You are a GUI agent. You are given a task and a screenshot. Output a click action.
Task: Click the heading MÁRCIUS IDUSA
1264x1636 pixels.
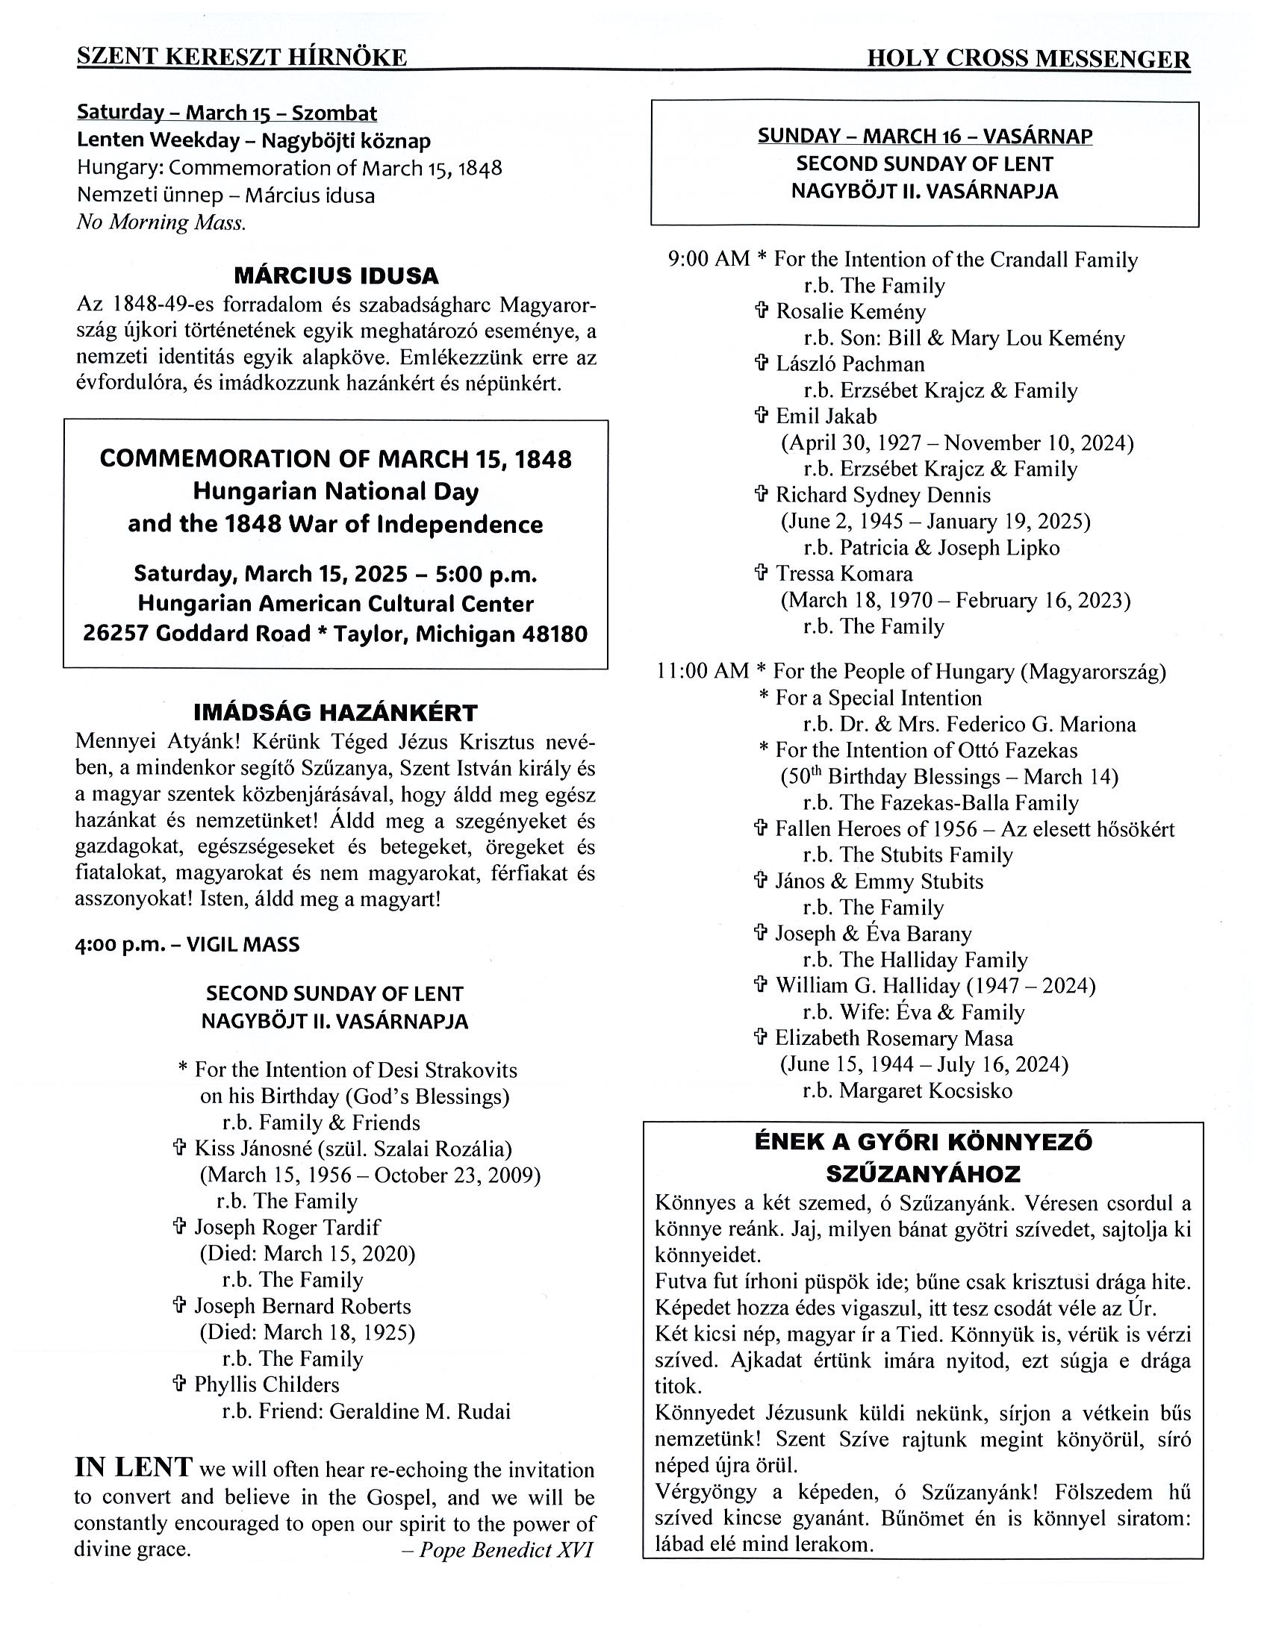[336, 275]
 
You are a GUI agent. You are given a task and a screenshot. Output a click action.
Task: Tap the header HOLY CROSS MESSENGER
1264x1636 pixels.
[1028, 59]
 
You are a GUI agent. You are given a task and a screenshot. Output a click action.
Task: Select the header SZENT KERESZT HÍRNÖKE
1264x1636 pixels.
[242, 57]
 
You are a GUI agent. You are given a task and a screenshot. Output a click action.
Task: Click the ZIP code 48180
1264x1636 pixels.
[555, 634]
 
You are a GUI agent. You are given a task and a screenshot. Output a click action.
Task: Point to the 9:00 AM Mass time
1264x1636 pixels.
[708, 259]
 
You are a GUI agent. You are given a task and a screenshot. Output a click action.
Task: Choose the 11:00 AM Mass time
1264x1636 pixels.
[702, 670]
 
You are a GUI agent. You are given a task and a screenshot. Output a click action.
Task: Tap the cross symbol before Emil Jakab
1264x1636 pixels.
[762, 416]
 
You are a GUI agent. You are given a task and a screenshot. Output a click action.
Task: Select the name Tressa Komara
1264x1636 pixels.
[844, 574]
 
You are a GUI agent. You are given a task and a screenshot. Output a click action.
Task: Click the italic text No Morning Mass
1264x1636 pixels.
[161, 222]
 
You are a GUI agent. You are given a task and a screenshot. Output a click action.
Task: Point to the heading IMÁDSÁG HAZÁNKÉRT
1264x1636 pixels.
[336, 711]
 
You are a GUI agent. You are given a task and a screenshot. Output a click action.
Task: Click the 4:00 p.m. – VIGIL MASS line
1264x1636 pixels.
[187, 944]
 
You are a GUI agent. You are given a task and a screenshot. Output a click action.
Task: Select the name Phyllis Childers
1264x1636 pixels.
[267, 1384]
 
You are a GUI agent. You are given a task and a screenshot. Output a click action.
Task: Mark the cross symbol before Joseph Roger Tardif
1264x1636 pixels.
[179, 1227]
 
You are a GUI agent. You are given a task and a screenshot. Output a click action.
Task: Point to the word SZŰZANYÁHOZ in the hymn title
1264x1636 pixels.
[922, 1173]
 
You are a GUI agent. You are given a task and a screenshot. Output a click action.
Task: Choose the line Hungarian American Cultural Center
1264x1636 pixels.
[336, 604]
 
